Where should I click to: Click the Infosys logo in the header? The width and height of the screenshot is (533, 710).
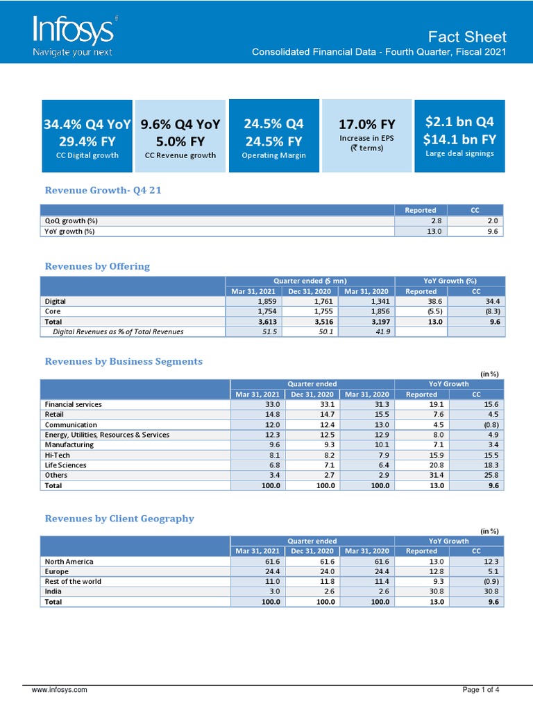pyautogui.click(x=75, y=34)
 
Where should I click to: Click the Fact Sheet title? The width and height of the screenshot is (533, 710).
pyautogui.click(x=466, y=37)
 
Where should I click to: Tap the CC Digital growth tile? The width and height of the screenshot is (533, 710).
pyautogui.click(x=87, y=136)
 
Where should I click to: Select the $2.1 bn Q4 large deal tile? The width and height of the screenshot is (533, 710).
pyautogui.click(x=459, y=136)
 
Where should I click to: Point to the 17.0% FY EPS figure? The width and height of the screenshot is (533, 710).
pyautogui.click(x=366, y=125)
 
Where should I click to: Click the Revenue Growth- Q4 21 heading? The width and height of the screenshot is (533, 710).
pyautogui.click(x=103, y=190)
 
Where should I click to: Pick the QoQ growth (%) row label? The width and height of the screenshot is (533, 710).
pyautogui.click(x=71, y=220)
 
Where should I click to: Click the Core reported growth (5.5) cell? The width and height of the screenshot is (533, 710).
pyautogui.click(x=421, y=311)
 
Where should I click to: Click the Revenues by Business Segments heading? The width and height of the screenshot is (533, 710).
pyautogui.click(x=124, y=361)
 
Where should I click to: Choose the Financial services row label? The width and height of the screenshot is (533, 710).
pyautogui.click(x=74, y=404)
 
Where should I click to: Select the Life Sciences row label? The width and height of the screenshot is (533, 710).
pyautogui.click(x=66, y=465)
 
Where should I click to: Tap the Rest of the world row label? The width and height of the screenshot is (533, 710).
pyautogui.click(x=73, y=581)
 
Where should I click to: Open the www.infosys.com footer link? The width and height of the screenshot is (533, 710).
pyautogui.click(x=60, y=690)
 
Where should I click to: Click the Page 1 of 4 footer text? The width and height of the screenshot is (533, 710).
pyautogui.click(x=481, y=690)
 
